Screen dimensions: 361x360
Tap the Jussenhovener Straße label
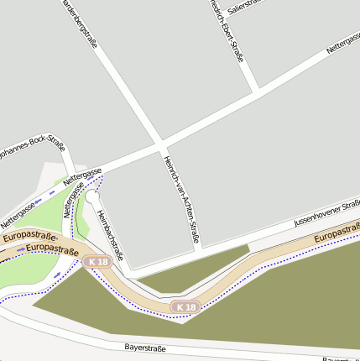pyautogui.click(x=326, y=213)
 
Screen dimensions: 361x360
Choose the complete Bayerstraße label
pyautogui.click(x=144, y=347)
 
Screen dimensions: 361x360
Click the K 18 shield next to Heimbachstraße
pyautogui.click(x=97, y=262)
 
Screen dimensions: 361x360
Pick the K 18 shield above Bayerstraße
pyautogui.click(x=185, y=307)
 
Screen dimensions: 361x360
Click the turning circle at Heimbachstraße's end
pyautogui.click(x=91, y=196)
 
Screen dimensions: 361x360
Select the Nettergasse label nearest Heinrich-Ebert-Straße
pyautogui.click(x=342, y=44)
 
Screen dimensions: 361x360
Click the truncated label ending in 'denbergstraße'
pyautogui.click(x=79, y=23)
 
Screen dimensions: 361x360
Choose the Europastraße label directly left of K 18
pyautogui.click(x=52, y=249)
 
